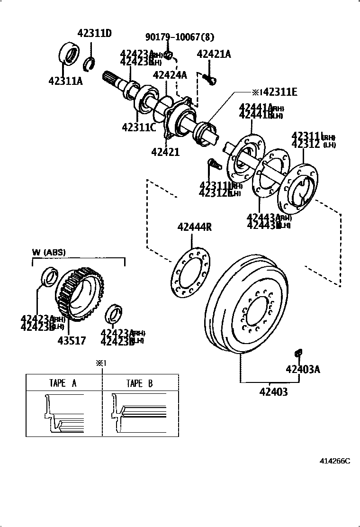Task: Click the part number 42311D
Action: coord(94,33)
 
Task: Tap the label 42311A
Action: coord(65,81)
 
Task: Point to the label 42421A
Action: coord(214,54)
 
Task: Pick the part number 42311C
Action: coord(139,127)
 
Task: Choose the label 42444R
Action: coord(194,227)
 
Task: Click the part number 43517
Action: coord(72,340)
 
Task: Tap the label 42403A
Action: coord(303,369)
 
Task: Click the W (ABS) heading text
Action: coord(49,252)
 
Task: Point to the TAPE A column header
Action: coord(63,383)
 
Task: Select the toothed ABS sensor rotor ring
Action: coord(79,294)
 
